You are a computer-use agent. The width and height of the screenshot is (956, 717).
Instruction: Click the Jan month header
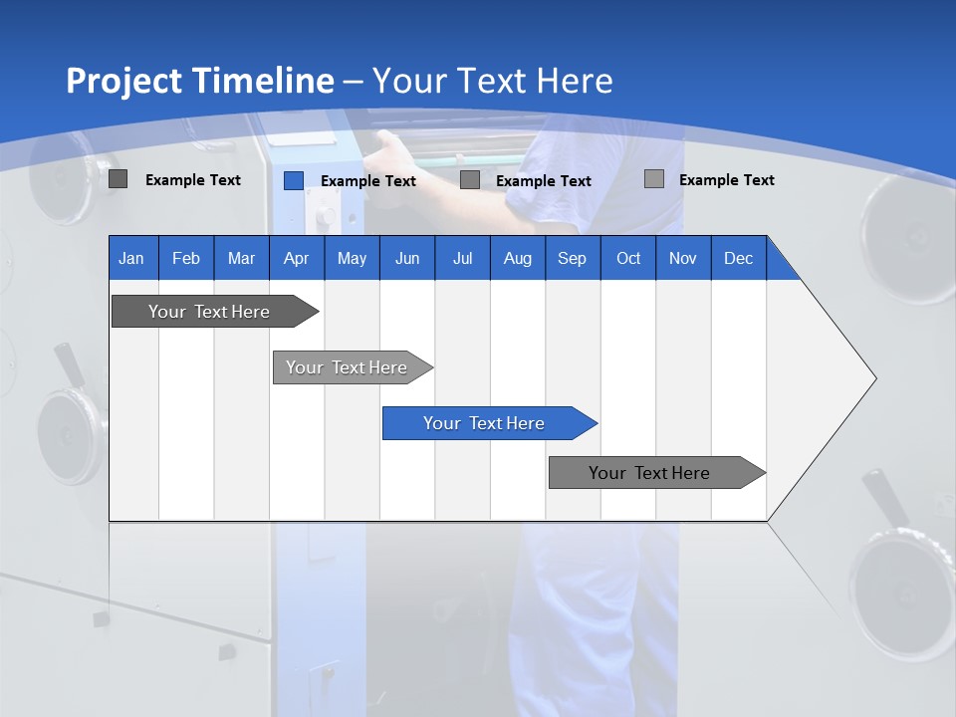tap(131, 258)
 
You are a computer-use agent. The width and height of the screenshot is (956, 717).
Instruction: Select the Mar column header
tap(241, 258)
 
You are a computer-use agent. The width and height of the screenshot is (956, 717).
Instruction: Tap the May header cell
tap(352, 258)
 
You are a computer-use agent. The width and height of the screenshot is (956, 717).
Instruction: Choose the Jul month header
tap(462, 258)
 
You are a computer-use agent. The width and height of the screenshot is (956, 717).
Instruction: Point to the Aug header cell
tap(517, 258)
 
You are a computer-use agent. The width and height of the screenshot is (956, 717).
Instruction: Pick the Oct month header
tap(628, 258)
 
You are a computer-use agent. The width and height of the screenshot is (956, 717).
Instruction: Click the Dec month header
tap(738, 258)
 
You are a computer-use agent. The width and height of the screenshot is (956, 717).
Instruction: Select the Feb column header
tap(186, 258)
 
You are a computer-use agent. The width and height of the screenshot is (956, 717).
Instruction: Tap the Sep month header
tap(572, 258)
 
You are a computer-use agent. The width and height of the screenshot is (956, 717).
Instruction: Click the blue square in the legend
tap(293, 180)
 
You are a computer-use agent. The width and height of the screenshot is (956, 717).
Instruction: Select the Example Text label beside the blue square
tap(367, 181)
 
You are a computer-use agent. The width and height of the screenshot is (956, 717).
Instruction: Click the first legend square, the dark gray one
tap(118, 179)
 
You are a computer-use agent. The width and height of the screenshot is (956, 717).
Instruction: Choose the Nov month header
tap(683, 258)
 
